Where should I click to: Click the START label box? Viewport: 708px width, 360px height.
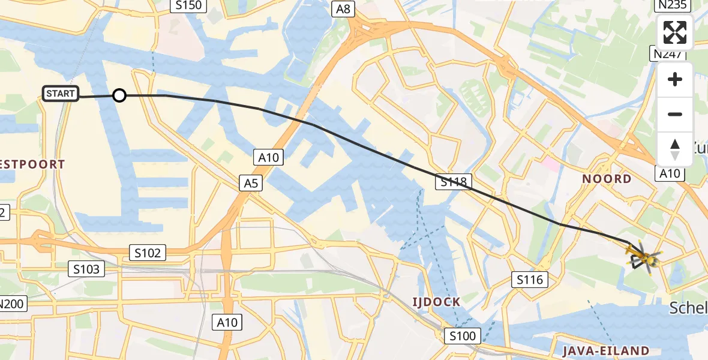[61, 94]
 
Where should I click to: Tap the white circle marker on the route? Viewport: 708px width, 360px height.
[119, 95]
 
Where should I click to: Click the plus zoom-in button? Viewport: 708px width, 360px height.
[675, 79]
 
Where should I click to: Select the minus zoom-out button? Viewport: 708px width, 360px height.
[675, 114]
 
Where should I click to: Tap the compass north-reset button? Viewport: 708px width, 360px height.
[675, 149]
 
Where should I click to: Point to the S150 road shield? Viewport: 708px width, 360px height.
[188, 6]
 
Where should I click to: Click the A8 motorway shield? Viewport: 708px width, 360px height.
[343, 8]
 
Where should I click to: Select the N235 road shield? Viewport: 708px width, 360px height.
[671, 6]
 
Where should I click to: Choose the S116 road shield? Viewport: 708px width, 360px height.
[529, 279]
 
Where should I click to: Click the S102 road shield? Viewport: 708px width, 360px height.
[148, 253]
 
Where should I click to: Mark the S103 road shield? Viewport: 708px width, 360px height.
[86, 269]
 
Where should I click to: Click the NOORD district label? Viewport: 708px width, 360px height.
[607, 179]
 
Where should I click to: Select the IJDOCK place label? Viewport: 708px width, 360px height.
[436, 301]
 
